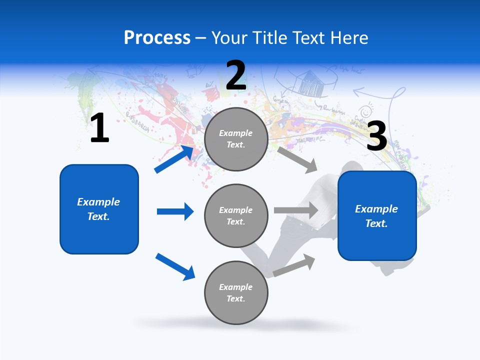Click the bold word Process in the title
[x=157, y=38]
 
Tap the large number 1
[x=99, y=128]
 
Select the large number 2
[x=236, y=76]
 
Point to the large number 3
[x=377, y=136]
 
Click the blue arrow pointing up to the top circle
[x=174, y=159]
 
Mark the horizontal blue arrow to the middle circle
[x=175, y=211]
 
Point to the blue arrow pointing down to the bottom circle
[x=175, y=266]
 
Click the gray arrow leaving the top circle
[x=297, y=159]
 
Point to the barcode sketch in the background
[x=311, y=83]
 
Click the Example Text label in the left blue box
[x=98, y=209]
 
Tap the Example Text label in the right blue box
[x=376, y=216]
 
